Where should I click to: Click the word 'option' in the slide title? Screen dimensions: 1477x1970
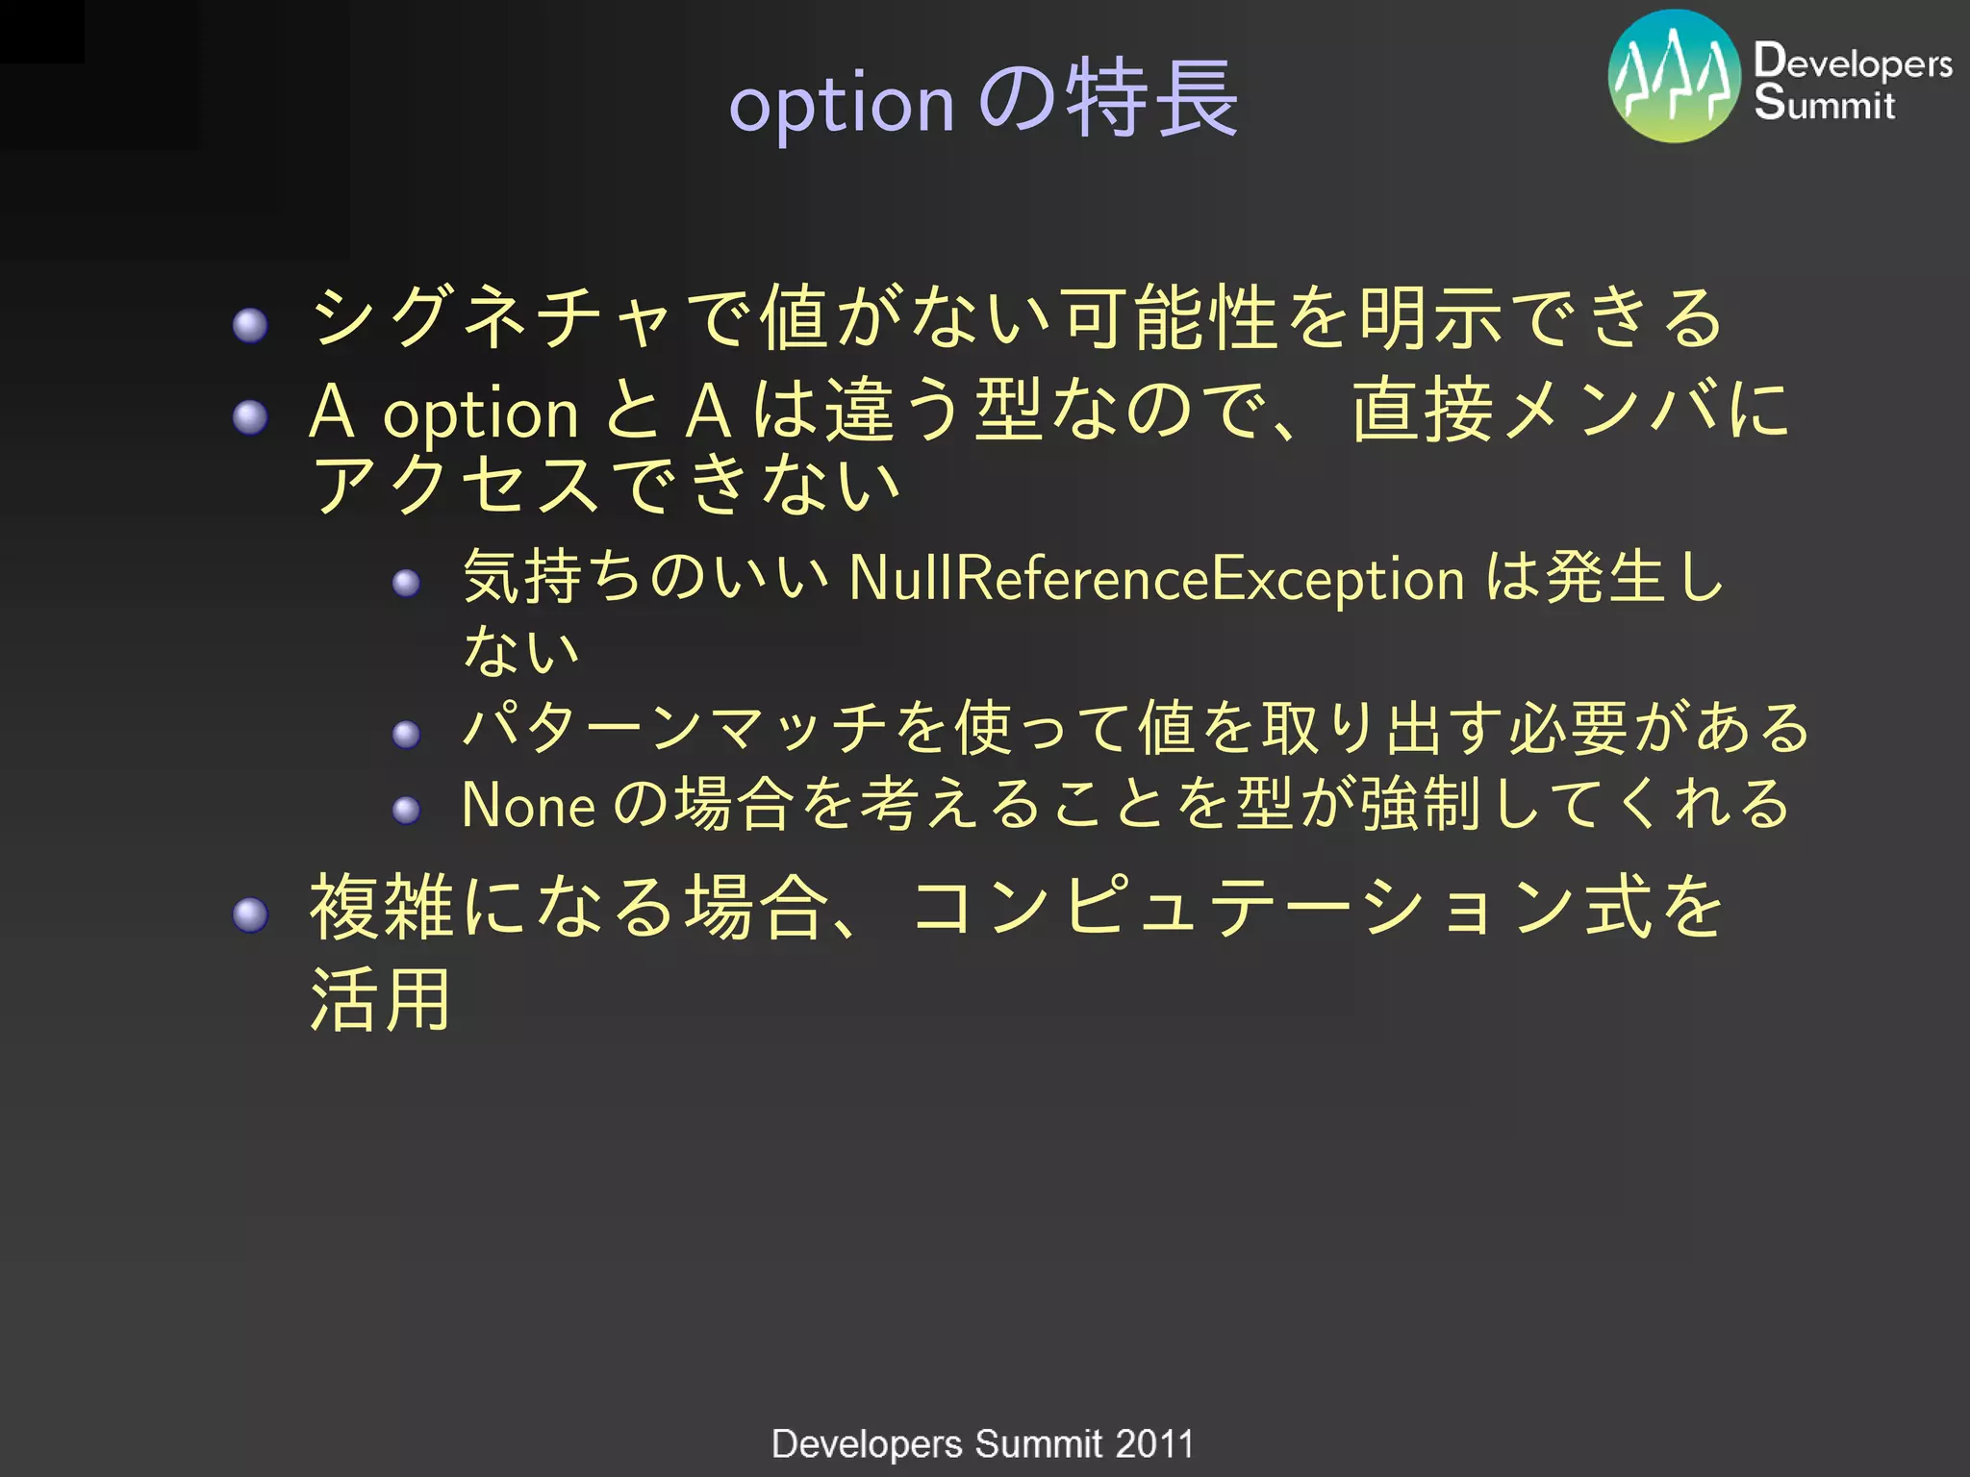click(842, 104)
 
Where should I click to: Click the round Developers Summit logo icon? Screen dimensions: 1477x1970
click(1674, 76)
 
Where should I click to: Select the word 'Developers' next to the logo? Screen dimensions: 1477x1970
click(1853, 63)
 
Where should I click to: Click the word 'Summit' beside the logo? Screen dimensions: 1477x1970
click(1824, 103)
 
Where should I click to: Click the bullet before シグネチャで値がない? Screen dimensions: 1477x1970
click(250, 325)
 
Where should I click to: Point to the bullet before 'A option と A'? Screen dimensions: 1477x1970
click(250, 417)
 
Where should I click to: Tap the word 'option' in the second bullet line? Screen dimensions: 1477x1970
click(481, 415)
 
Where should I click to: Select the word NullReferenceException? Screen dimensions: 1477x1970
click(1157, 579)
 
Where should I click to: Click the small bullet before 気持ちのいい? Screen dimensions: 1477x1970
click(407, 583)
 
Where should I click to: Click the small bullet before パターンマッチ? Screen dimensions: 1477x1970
click(407, 735)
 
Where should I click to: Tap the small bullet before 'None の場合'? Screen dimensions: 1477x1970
click(407, 810)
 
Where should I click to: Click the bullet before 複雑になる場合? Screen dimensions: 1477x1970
click(250, 914)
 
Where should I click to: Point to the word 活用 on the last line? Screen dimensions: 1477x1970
click(381, 1000)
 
